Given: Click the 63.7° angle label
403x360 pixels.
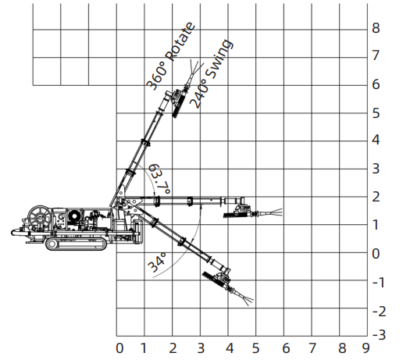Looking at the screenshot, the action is (x=159, y=179).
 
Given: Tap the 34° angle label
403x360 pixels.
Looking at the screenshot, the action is (x=157, y=262).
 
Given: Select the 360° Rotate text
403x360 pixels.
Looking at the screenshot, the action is (x=170, y=56).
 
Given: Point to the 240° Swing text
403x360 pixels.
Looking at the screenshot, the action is (x=211, y=74).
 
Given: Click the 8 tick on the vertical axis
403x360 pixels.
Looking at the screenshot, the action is (x=376, y=27).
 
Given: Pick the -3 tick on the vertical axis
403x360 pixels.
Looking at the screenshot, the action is (x=379, y=335).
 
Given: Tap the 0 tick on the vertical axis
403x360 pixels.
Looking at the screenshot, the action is (x=376, y=254).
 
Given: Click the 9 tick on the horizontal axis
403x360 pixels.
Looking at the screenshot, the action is (x=366, y=348).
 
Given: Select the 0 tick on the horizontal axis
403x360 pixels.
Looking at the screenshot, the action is (x=119, y=348).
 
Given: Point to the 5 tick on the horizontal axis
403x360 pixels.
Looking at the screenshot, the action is (x=255, y=348).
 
